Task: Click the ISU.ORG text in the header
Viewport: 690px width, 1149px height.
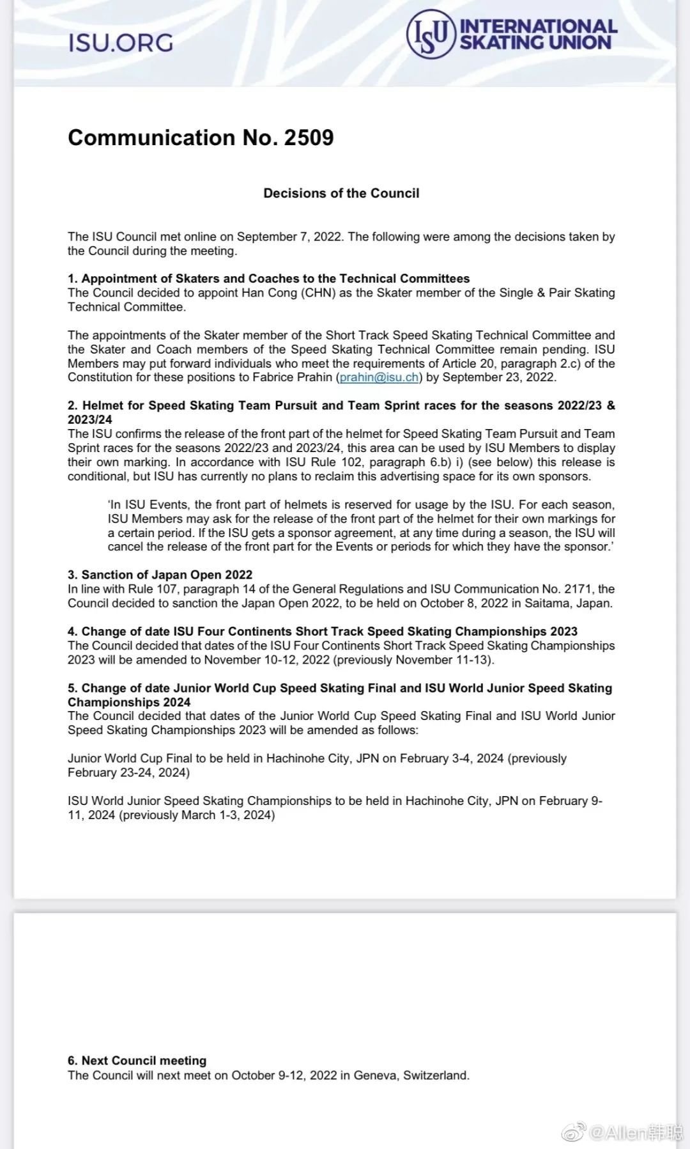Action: (121, 43)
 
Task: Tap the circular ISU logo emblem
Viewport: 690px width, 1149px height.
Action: (431, 35)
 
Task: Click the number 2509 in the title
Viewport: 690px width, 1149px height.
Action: (309, 137)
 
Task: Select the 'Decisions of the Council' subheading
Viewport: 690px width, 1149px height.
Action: (341, 193)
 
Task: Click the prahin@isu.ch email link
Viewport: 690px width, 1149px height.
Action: (379, 377)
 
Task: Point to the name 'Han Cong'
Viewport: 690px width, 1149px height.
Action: (270, 293)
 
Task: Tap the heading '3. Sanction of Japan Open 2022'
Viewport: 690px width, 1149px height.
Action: (160, 575)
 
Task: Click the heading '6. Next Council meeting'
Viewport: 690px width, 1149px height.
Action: (137, 1061)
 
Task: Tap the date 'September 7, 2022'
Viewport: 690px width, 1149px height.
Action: (289, 237)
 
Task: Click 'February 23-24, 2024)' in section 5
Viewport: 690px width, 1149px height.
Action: (128, 772)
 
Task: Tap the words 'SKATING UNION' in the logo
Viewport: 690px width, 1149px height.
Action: (535, 43)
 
